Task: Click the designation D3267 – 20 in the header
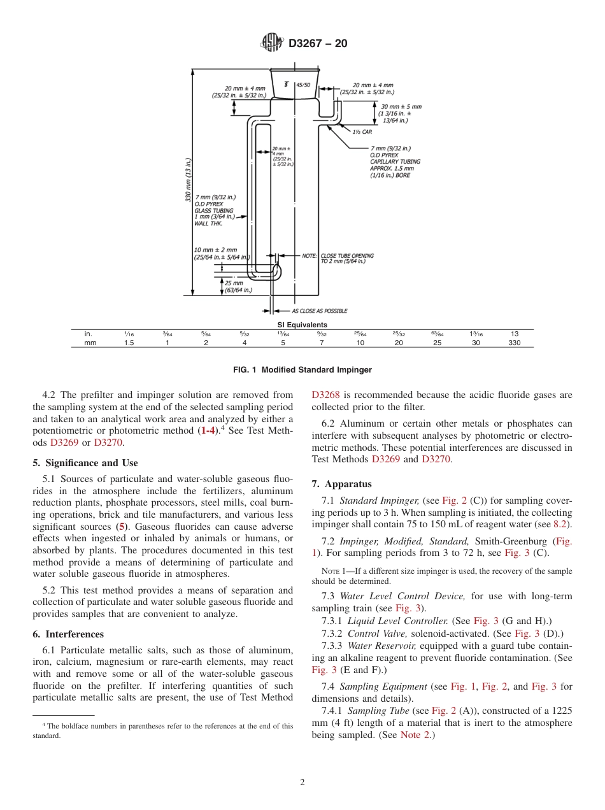point(318,44)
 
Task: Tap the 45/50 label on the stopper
point(303,85)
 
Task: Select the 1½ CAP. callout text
point(362,132)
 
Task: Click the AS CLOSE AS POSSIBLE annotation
point(319,311)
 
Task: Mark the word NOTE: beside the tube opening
point(310,255)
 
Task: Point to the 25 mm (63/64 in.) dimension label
point(238,287)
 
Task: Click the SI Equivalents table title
point(302,325)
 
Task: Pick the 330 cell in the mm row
point(515,343)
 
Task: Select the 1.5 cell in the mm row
point(129,343)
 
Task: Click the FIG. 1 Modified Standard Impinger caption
point(302,370)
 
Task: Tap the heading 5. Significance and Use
point(85,463)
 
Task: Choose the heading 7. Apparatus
point(342,484)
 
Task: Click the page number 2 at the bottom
point(302,783)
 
